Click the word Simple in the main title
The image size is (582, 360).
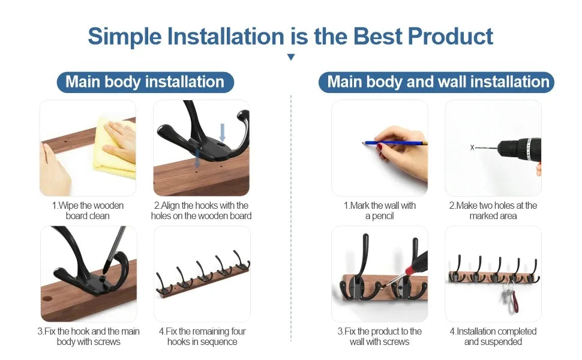pyautogui.click(x=125, y=37)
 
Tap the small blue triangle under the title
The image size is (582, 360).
pyautogui.click(x=291, y=57)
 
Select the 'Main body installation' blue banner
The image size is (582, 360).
pyautogui.click(x=145, y=82)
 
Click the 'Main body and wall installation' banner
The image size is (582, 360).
pyautogui.click(x=436, y=82)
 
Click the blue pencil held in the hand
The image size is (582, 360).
pyautogui.click(x=394, y=143)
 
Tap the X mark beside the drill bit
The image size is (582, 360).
pyautogui.click(x=472, y=148)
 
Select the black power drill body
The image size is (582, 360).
pyautogui.click(x=520, y=151)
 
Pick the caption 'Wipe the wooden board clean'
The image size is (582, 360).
pyautogui.click(x=88, y=211)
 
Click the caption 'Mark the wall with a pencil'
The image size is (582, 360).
pyautogui.click(x=379, y=211)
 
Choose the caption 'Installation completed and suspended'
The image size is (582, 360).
pyautogui.click(x=493, y=336)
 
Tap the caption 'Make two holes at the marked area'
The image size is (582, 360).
pyautogui.click(x=493, y=211)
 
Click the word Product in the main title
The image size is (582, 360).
pyautogui.click(x=450, y=37)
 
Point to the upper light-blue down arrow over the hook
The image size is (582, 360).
pyautogui.click(x=223, y=132)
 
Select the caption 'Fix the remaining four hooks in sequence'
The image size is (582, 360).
pyautogui.click(x=202, y=336)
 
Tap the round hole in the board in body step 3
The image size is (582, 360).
pyautogui.click(x=47, y=298)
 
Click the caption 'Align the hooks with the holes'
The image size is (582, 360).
pyautogui.click(x=201, y=211)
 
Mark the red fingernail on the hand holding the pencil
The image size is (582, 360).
pyautogui.click(x=379, y=148)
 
